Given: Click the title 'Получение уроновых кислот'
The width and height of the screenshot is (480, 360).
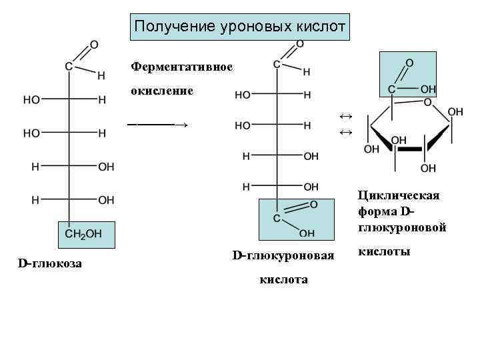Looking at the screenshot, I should [x=239, y=27].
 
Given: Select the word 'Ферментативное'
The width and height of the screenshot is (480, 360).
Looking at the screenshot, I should [x=181, y=67].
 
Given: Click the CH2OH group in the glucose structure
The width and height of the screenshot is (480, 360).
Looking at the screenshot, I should [x=83, y=234].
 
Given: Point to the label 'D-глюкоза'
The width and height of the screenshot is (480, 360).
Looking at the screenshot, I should [x=50, y=264].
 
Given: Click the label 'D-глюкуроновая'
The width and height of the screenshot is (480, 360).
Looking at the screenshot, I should [x=283, y=255].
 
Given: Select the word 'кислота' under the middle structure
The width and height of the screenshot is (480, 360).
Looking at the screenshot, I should [x=283, y=279].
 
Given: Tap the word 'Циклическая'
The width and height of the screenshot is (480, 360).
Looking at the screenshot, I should [x=398, y=195].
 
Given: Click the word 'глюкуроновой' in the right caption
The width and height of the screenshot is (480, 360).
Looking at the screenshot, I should [x=401, y=227].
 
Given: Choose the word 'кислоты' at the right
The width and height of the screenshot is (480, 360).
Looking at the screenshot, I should [x=384, y=251].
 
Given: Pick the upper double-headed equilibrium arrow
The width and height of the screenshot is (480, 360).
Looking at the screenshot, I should [x=345, y=117].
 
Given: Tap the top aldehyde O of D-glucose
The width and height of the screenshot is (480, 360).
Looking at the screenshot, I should [x=94, y=45].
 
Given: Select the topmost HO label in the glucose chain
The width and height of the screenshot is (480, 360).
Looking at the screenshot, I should [x=31, y=100].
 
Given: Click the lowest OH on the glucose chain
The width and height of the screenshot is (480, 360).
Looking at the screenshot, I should [x=106, y=199].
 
